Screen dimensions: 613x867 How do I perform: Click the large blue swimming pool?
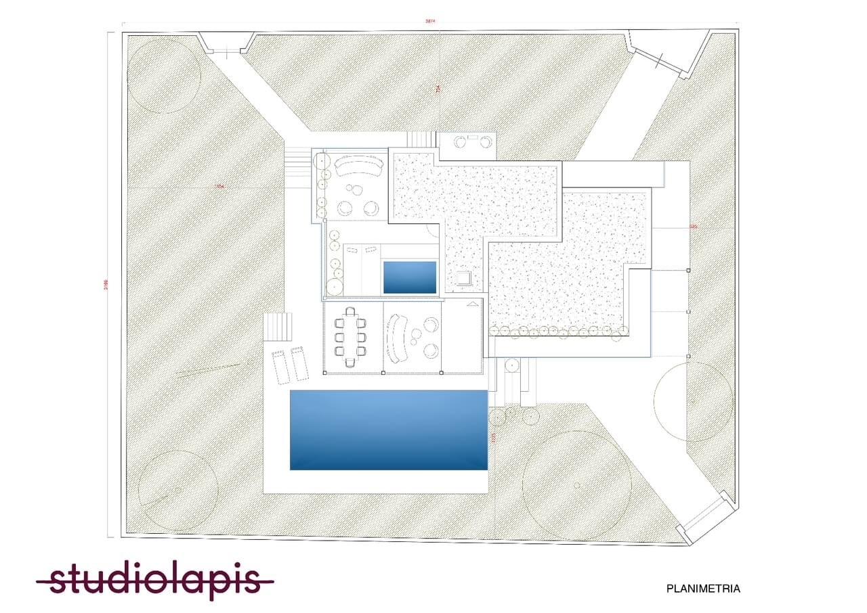[x=389, y=430]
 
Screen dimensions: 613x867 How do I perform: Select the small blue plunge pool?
[x=410, y=277]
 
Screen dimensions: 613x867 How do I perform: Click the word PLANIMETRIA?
[x=703, y=589]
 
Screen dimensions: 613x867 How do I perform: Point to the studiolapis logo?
[x=156, y=581]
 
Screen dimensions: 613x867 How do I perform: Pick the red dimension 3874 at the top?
[x=429, y=22]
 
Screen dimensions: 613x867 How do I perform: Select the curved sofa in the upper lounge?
[x=357, y=165]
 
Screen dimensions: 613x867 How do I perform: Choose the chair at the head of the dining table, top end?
[x=350, y=312]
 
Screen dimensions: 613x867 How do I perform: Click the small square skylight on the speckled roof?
[x=465, y=278]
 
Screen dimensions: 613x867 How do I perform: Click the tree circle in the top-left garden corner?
[x=164, y=76]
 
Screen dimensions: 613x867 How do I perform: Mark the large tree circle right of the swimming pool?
[x=577, y=485]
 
